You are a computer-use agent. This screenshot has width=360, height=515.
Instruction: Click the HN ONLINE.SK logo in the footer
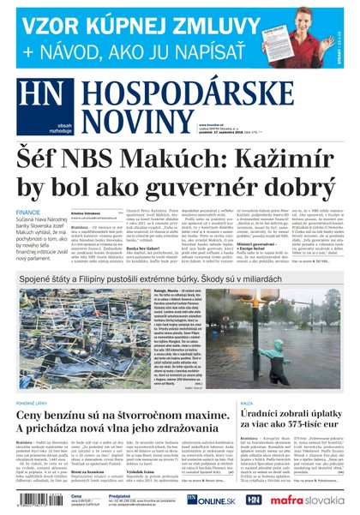tap(209, 500)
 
